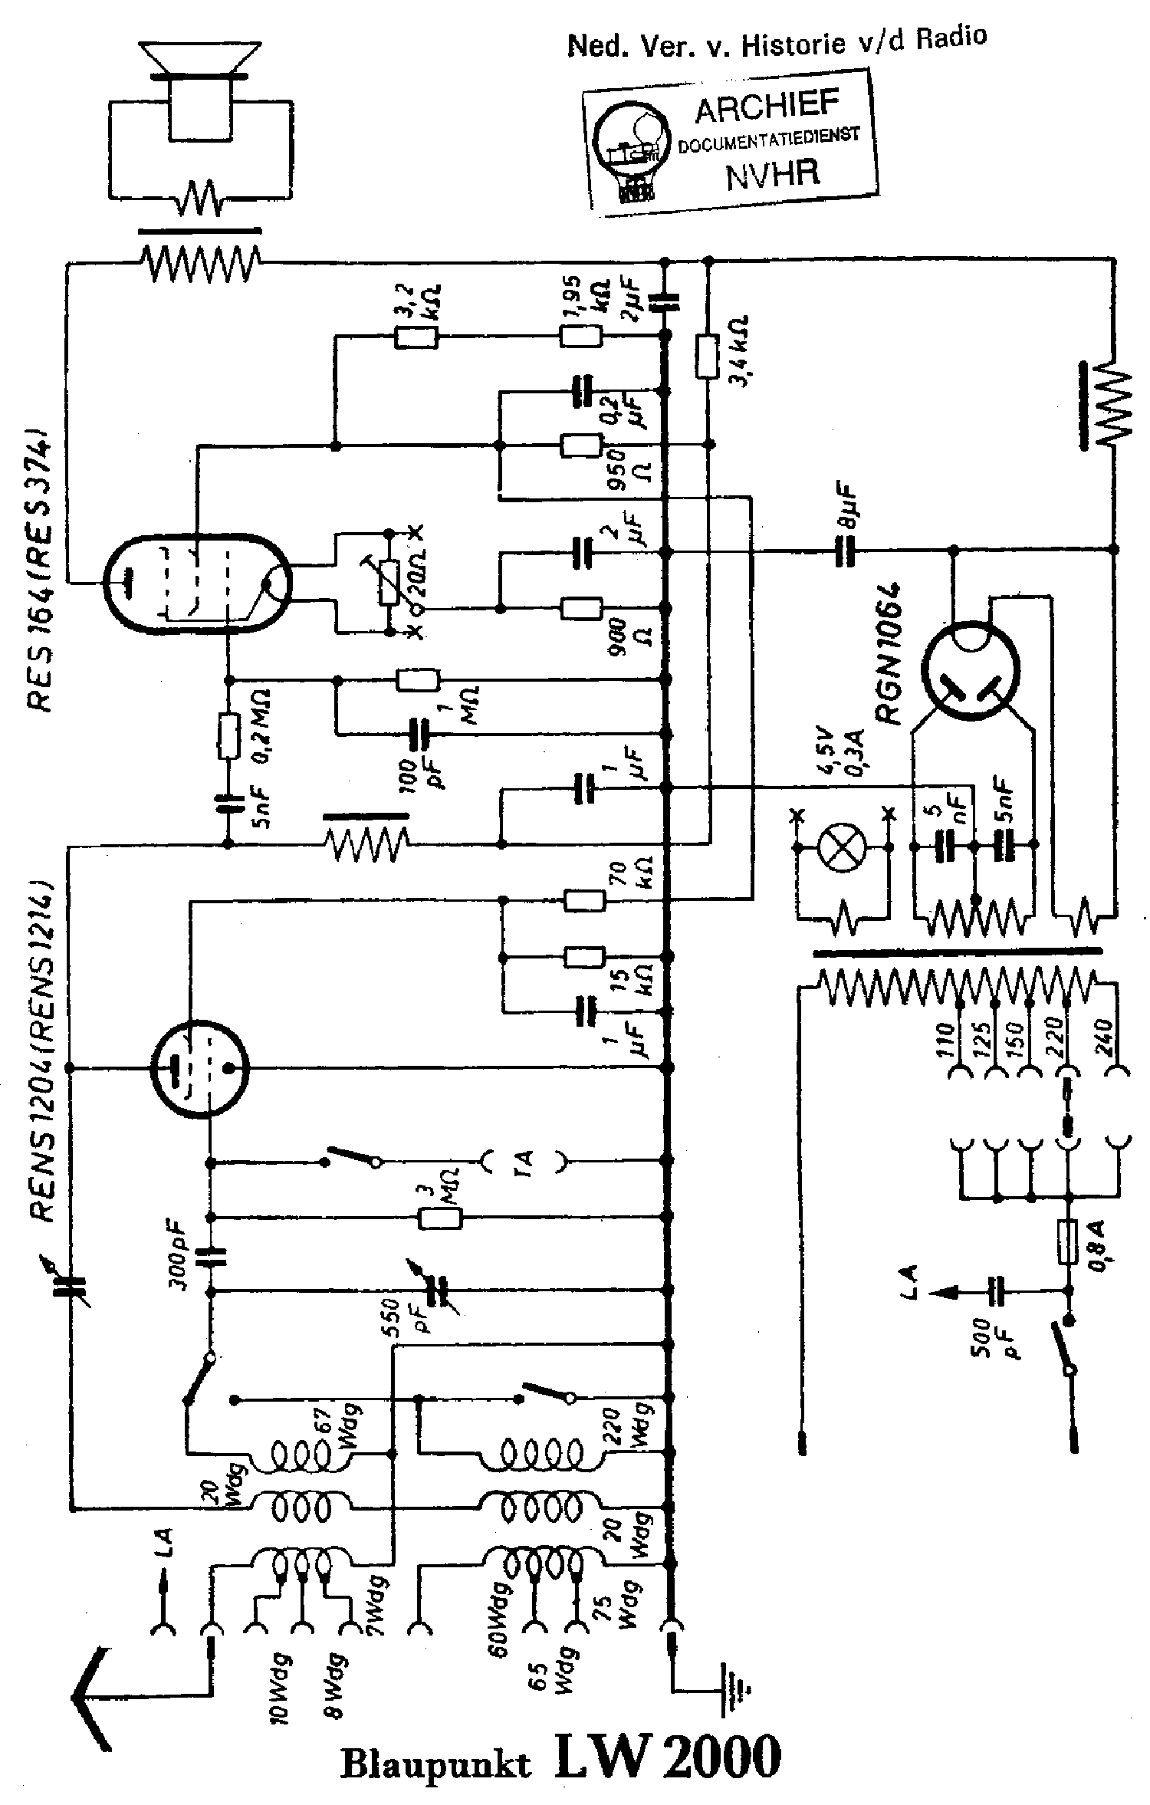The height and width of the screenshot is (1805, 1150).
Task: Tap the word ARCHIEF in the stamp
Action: tap(767, 108)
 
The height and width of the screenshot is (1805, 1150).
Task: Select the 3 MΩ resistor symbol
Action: tap(440, 1218)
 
